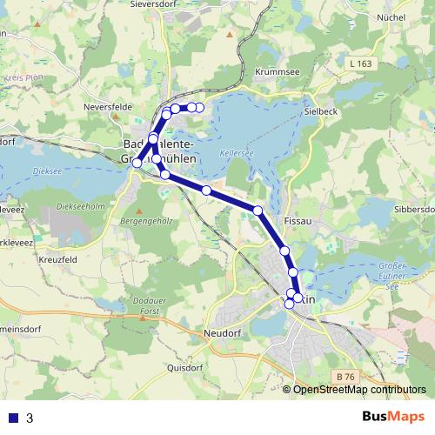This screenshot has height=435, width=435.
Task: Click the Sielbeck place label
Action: (x=318, y=112)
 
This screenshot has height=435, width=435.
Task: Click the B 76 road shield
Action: (x=345, y=376)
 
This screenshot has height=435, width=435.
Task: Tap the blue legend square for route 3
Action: (x=13, y=418)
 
